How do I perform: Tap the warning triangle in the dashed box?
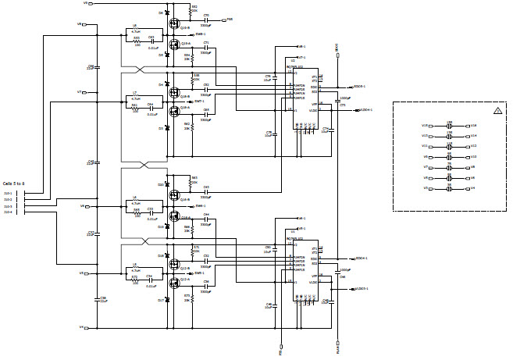(x=497, y=112)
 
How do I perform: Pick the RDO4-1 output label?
(x=360, y=257)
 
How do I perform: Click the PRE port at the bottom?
(x=280, y=351)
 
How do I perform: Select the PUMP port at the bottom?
(x=337, y=351)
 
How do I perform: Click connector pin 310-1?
(x=9, y=193)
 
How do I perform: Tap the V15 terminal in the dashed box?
(x=425, y=125)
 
